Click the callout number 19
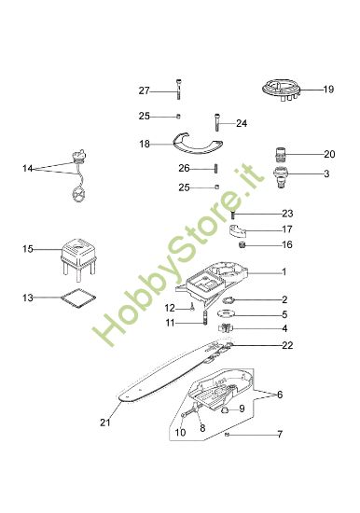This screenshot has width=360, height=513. [328, 90]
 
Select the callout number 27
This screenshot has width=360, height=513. [144, 90]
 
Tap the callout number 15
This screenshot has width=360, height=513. [28, 249]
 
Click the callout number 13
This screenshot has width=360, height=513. [28, 298]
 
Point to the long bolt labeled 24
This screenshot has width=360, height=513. [216, 122]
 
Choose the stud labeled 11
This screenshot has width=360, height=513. [202, 323]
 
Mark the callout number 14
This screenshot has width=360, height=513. [28, 168]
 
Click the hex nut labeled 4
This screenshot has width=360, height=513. [226, 329]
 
